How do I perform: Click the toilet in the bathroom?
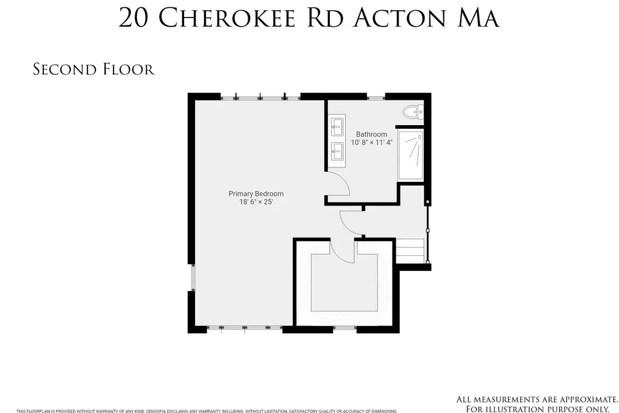pos(413,112)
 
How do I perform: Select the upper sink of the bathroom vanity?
pos(337,127)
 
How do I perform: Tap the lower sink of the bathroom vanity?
pos(337,151)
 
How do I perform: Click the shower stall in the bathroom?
pos(411,155)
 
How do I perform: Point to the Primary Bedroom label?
pos(256,193)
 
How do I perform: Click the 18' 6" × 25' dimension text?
pos(256,202)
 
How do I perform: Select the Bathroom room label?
pos(371,134)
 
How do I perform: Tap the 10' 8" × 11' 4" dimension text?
pos(371,142)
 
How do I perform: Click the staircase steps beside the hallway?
pos(411,250)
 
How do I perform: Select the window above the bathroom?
pos(376,97)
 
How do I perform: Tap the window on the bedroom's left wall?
pos(192,278)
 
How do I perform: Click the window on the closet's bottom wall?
pos(345,328)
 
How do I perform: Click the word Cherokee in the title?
pos(228,18)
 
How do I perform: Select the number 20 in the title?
pos(134,18)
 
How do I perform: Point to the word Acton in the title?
pos(400,18)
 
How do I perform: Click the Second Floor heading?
pos(94,69)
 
